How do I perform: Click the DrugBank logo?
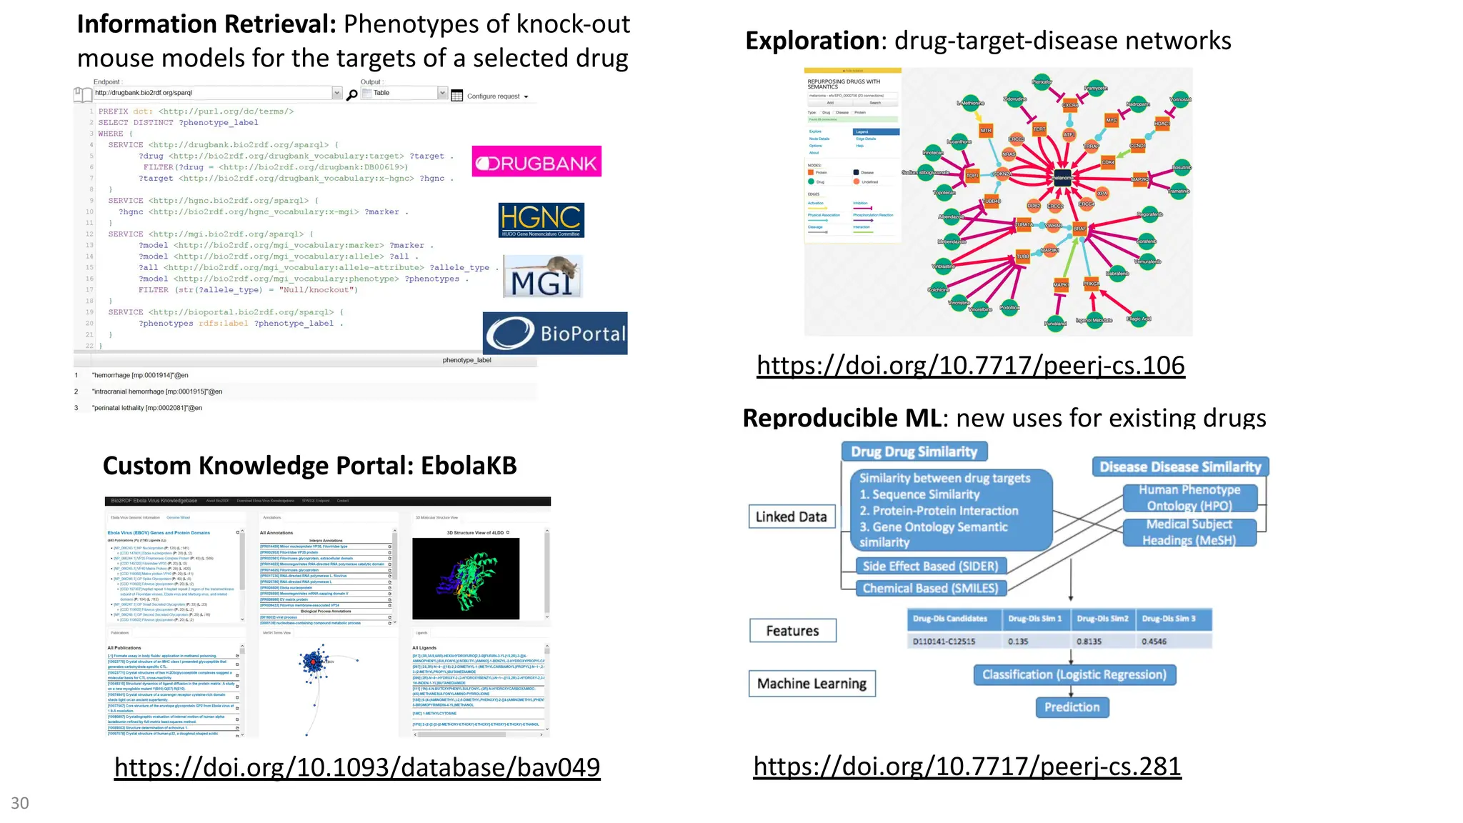tap(536, 161)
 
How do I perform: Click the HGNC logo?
tap(541, 220)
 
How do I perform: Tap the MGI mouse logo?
tap(543, 276)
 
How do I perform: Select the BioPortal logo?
tap(555, 333)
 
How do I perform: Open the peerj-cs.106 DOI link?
tap(970, 366)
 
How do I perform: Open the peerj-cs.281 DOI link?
tap(967, 767)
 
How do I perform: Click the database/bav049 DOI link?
tap(357, 767)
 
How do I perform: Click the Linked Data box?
tap(791, 517)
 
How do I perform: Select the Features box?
tap(792, 631)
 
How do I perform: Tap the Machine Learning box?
tap(812, 684)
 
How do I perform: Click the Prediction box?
tap(1072, 707)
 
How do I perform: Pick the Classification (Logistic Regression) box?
tap(1074, 674)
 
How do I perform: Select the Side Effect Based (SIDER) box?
tap(930, 566)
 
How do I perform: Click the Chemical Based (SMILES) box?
tap(930, 588)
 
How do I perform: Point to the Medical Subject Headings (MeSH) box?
tap(1189, 532)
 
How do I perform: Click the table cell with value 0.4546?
tap(1172, 641)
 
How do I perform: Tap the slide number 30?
tap(20, 803)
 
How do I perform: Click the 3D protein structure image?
tap(466, 579)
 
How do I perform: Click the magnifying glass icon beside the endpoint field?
tap(351, 95)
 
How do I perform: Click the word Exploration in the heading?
tap(812, 41)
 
